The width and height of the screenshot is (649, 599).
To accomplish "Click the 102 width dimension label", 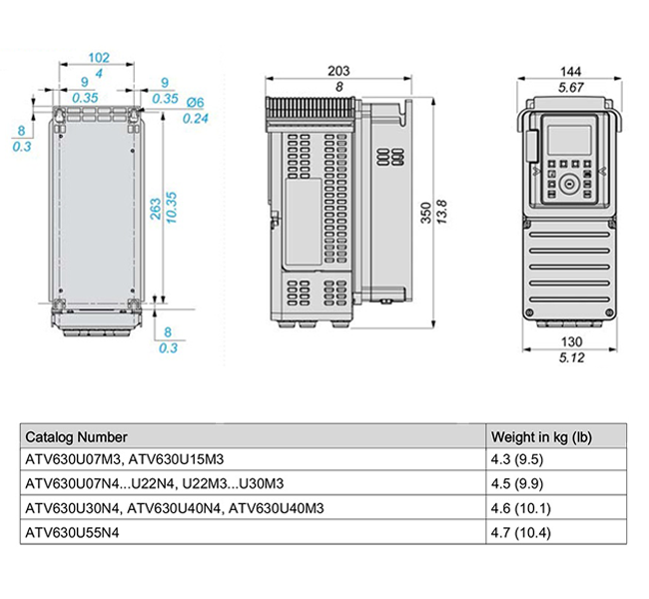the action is pyautogui.click(x=99, y=58).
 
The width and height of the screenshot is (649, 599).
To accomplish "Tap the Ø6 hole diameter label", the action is pyautogui.click(x=195, y=102).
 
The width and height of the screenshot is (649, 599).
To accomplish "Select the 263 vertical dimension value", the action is pyautogui.click(x=155, y=209).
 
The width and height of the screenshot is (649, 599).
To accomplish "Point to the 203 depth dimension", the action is pyautogui.click(x=338, y=71).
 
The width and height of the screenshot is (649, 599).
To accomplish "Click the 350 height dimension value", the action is pyautogui.click(x=426, y=213).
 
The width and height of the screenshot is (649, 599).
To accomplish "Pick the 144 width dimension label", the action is pyautogui.click(x=570, y=72).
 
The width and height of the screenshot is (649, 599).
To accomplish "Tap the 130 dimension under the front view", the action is pyautogui.click(x=571, y=342).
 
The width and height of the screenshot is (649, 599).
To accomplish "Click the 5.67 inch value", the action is pyautogui.click(x=571, y=87).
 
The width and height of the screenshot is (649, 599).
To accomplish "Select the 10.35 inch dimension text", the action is pyautogui.click(x=171, y=208).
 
